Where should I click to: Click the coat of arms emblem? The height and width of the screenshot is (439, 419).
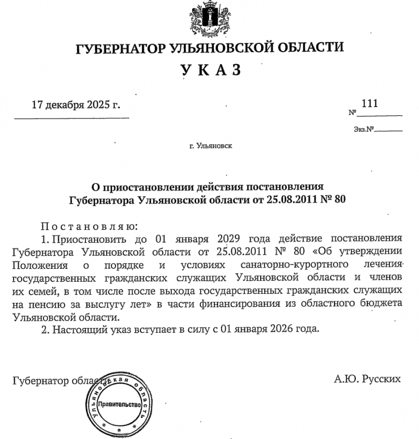[209, 16]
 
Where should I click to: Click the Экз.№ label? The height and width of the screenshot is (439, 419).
[364, 130]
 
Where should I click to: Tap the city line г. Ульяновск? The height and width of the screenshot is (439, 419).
[209, 146]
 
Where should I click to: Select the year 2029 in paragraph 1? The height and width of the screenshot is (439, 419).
[229, 238]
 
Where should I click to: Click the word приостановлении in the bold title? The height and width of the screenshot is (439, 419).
[144, 187]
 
